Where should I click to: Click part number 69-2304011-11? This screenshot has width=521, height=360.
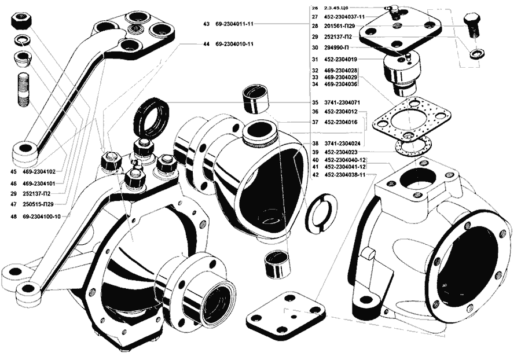click(234, 24)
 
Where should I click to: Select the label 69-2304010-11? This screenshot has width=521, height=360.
click(234, 44)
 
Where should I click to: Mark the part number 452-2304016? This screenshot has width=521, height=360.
click(341, 123)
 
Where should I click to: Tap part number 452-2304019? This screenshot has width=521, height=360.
click(341, 59)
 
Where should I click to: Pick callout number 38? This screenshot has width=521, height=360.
click(315, 143)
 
